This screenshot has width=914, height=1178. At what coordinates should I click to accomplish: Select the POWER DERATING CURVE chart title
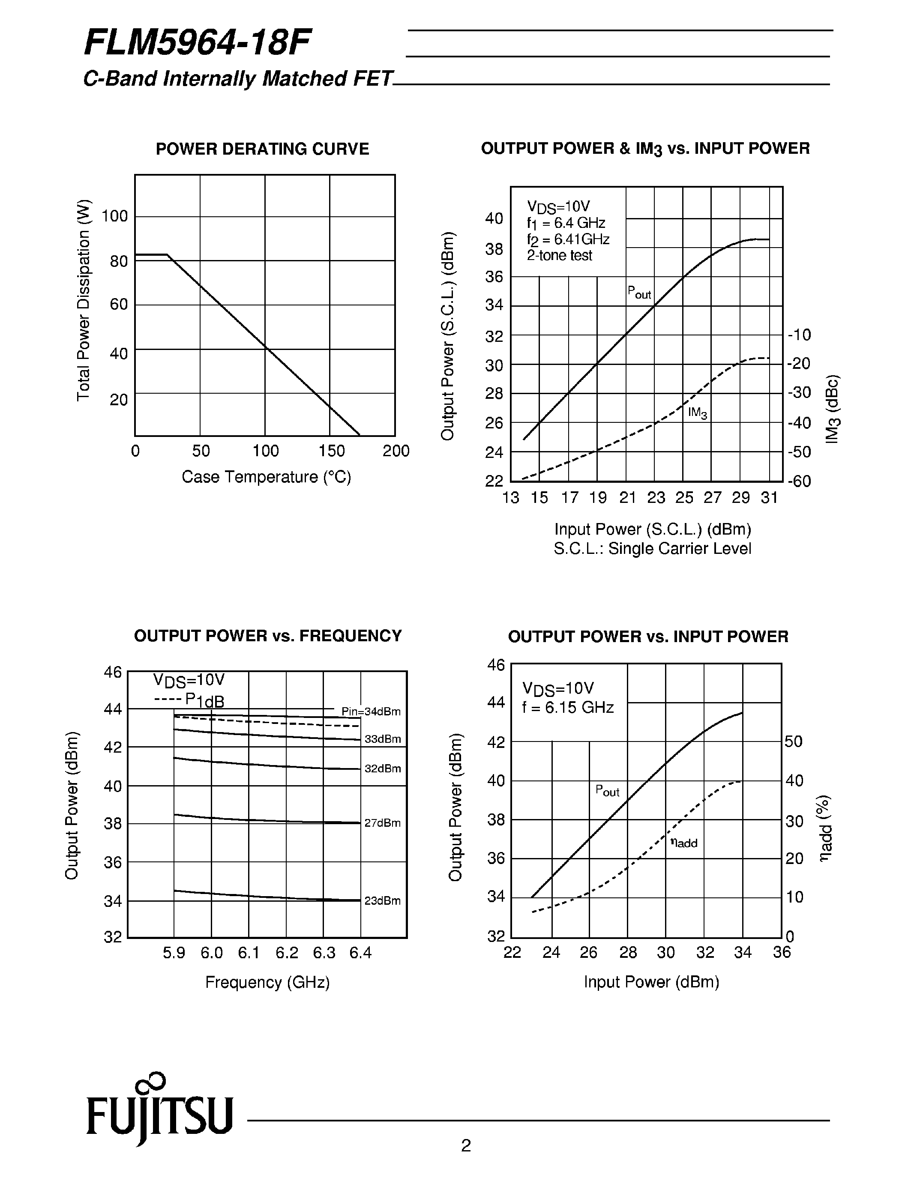click(262, 149)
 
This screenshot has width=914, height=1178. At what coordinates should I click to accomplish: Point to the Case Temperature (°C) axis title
click(266, 477)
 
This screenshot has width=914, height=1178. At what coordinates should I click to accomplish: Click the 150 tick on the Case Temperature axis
click(331, 451)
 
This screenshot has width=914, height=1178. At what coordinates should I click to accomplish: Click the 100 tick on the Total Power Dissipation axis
click(114, 216)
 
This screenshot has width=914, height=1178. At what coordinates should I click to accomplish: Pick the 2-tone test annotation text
click(560, 255)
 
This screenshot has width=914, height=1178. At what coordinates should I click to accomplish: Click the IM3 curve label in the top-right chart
click(697, 413)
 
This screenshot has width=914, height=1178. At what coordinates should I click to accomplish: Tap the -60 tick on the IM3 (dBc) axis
click(799, 481)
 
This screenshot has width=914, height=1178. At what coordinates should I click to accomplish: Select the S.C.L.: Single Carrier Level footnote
click(652, 549)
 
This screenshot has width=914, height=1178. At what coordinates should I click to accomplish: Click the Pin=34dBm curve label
click(371, 712)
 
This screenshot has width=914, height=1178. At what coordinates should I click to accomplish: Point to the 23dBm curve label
click(382, 900)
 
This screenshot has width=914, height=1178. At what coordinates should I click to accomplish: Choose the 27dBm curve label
click(382, 822)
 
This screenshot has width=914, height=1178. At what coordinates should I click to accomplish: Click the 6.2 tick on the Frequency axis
click(287, 953)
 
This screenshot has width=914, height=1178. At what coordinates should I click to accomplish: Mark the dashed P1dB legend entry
click(189, 700)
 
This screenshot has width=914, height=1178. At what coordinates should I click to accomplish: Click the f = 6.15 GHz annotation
click(568, 707)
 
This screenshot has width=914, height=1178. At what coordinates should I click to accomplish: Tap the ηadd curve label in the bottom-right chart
click(683, 842)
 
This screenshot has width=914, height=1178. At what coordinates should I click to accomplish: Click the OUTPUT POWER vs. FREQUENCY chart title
click(268, 636)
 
